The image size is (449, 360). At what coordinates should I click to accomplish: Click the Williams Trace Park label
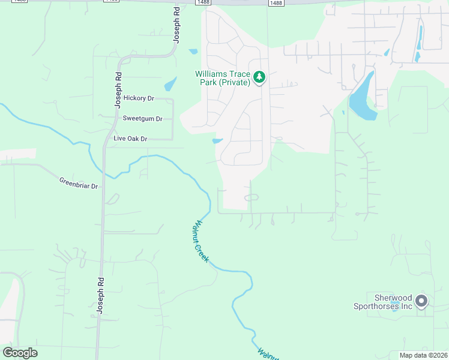pyautogui.click(x=223, y=78)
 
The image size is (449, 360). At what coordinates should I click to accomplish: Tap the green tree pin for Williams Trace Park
pyautogui.click(x=259, y=77)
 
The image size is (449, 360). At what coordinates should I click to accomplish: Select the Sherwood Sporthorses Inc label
pyautogui.click(x=390, y=302)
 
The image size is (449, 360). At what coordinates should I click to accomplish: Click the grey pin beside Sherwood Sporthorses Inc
pyautogui.click(x=421, y=301)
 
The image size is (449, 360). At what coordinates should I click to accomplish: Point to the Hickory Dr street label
pyautogui.click(x=139, y=98)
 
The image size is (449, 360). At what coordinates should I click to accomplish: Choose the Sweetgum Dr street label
pyautogui.click(x=142, y=119)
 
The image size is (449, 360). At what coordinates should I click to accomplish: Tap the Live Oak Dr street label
pyautogui.click(x=130, y=139)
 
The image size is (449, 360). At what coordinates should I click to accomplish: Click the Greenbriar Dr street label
pyautogui.click(x=78, y=182)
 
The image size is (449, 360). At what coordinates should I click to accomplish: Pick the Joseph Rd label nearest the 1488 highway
pyautogui.click(x=176, y=27)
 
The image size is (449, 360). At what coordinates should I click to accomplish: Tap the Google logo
pyautogui.click(x=20, y=353)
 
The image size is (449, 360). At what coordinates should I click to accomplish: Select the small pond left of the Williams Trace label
pyautogui.click(x=170, y=83)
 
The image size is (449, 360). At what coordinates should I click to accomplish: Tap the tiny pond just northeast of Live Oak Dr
pyautogui.click(x=217, y=141)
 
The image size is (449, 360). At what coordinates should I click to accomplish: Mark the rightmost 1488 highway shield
pyautogui.click(x=276, y=3)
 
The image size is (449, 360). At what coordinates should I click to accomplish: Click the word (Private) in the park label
pyautogui.click(x=234, y=82)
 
